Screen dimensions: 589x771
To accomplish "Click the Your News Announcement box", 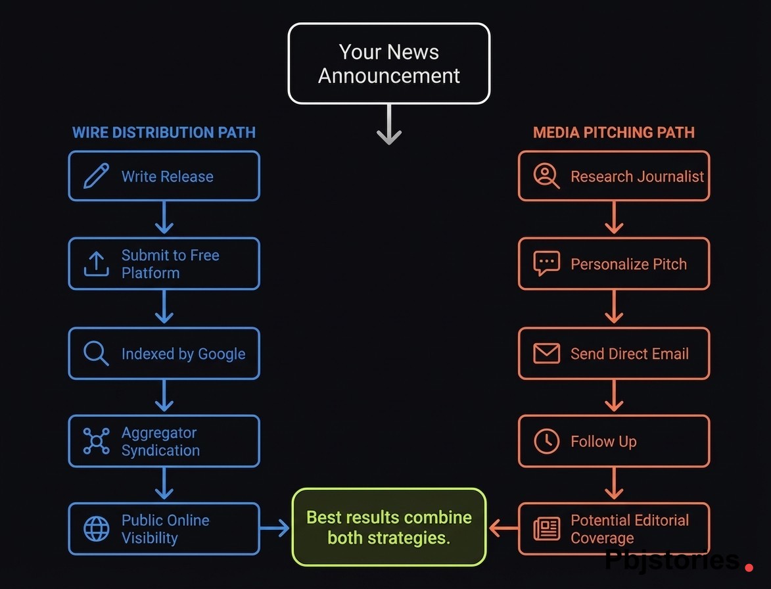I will click(389, 64).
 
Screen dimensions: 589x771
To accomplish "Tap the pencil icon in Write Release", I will click(97, 176).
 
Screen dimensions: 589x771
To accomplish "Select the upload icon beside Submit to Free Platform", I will click(97, 264).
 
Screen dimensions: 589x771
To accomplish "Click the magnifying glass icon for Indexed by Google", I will click(97, 354).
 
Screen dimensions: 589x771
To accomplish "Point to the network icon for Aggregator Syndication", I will click(97, 441).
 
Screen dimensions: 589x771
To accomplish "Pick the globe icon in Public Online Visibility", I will click(97, 529).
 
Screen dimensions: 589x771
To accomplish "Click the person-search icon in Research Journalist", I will click(546, 176).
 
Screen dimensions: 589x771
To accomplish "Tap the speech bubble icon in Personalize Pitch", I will click(546, 264).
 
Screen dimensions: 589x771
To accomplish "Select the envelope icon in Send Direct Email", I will click(546, 354).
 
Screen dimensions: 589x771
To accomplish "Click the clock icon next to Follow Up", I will click(546, 441).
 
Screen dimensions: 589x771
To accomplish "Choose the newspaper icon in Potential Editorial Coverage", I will click(546, 529).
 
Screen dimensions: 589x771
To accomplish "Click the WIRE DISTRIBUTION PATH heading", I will click(164, 132).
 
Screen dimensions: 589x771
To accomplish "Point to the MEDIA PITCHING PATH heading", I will click(614, 132).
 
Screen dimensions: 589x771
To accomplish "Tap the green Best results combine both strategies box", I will click(389, 527).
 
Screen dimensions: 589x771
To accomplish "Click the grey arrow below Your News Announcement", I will click(389, 125).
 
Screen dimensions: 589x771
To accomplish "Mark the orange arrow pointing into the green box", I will click(503, 527).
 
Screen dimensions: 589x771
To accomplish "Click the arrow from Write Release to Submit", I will click(164, 218).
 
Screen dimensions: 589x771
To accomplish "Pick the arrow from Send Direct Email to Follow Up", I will click(614, 396).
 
